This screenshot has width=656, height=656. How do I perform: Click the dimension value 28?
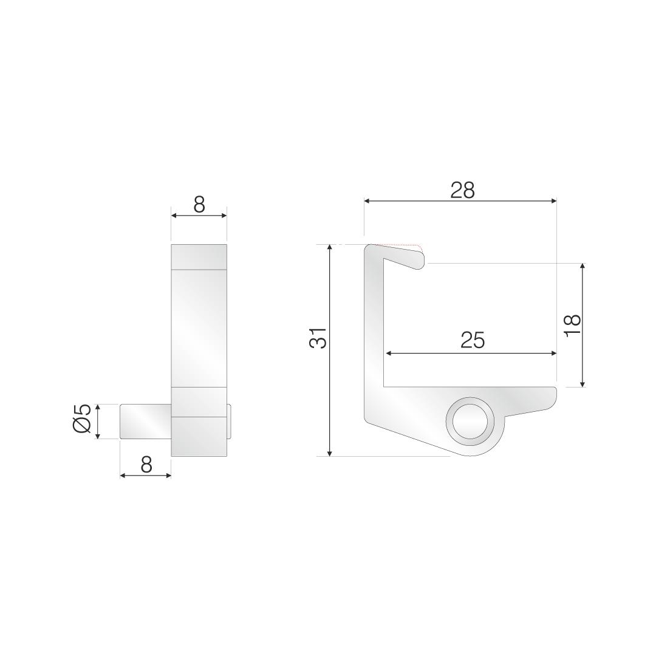[462, 190]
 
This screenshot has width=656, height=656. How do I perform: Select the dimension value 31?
[318, 337]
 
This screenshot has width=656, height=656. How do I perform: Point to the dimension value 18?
[572, 325]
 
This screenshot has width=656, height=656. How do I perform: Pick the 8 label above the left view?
[200, 205]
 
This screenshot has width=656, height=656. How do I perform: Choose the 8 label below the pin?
[146, 464]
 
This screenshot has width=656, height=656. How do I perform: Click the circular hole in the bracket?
[470, 422]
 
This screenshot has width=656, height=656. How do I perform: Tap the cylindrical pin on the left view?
[146, 422]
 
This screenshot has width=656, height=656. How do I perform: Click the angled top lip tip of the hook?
[420, 261]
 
